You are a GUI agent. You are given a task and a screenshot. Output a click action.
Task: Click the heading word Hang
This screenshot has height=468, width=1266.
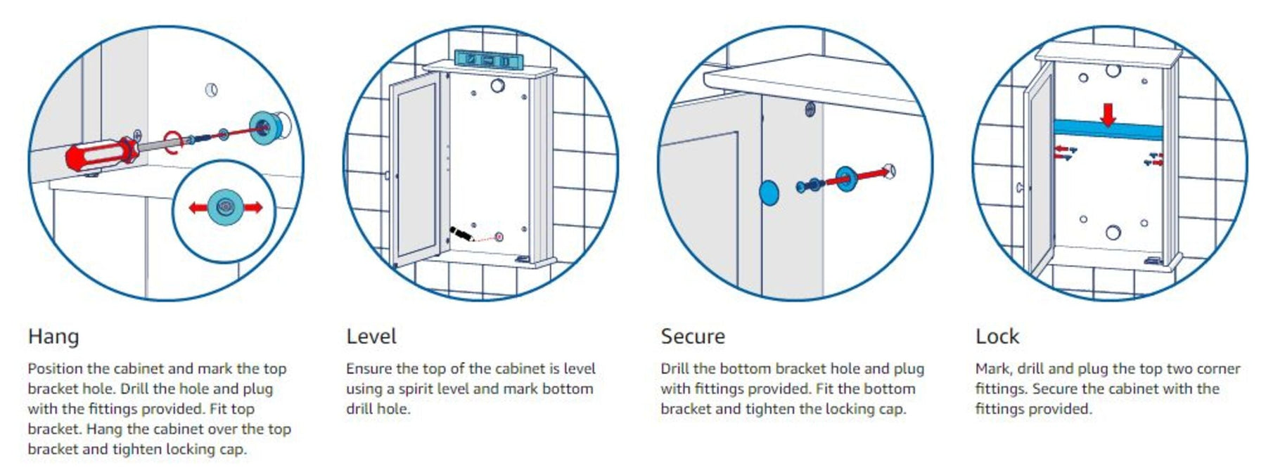pos(53,337)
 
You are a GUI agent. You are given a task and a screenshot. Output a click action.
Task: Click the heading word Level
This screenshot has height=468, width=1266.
pos(371,337)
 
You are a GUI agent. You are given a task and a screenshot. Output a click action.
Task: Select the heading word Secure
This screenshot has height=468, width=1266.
pos(693,337)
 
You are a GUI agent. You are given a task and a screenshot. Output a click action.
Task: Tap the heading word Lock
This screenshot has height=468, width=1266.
pos(997,337)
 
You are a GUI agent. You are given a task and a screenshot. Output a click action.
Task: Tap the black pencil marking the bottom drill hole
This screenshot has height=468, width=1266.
pos(461,234)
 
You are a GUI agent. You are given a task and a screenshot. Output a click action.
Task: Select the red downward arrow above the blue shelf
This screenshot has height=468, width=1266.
pos(1108,115)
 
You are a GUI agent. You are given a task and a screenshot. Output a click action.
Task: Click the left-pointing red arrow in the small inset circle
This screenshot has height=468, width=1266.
pos(199,207)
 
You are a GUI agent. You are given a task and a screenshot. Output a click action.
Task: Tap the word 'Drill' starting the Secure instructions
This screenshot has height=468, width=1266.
pos(675,368)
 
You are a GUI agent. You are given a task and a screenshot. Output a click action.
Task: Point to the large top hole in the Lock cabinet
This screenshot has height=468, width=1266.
pos(1113,70)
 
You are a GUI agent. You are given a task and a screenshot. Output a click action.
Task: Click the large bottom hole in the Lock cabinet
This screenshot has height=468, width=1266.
pos(1113,232)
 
